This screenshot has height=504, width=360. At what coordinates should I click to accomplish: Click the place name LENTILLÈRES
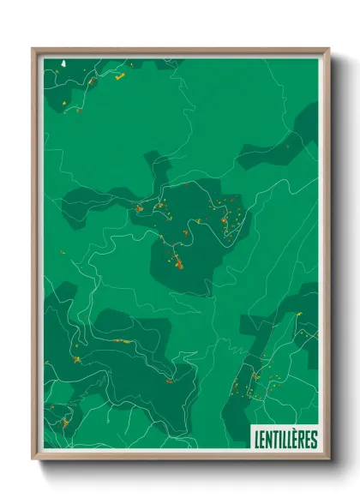point(285,440)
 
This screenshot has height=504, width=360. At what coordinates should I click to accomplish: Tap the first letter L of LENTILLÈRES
point(257,440)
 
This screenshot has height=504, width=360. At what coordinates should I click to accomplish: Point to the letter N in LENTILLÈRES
point(268,440)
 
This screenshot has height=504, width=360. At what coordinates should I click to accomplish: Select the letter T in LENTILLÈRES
point(274,440)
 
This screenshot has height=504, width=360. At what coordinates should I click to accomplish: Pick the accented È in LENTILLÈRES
point(297,439)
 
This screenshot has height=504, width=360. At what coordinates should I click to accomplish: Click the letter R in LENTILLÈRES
point(304,440)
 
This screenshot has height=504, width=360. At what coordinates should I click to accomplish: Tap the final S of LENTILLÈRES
point(315,440)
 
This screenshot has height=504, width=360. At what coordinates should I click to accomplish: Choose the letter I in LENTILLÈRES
point(279,440)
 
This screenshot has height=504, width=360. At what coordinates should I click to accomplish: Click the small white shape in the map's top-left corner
point(65,63)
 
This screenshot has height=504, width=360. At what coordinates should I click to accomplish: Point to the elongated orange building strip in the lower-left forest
point(120,340)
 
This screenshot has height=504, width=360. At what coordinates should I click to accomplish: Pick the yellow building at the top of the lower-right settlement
point(298,315)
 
